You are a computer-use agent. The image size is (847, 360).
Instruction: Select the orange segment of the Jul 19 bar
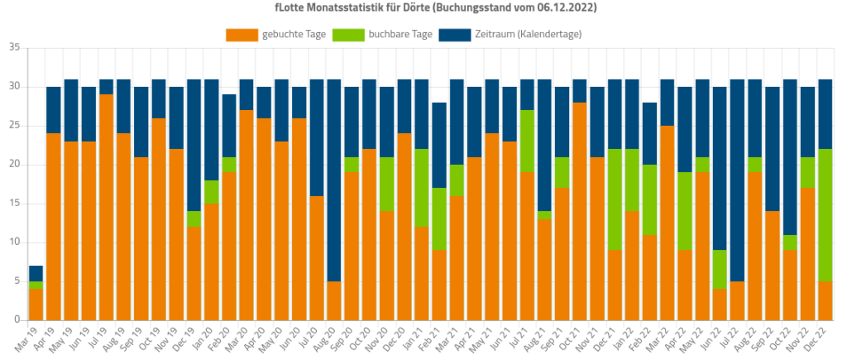106,207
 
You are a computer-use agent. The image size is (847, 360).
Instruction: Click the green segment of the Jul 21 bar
526,141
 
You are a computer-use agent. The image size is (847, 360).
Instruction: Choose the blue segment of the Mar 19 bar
36,273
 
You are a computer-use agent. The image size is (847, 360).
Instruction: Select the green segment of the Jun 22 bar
720,270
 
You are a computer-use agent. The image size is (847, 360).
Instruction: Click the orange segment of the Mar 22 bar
667,223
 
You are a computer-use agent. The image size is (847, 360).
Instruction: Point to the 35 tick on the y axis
14,48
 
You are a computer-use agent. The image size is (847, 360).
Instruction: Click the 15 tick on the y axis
14,204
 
